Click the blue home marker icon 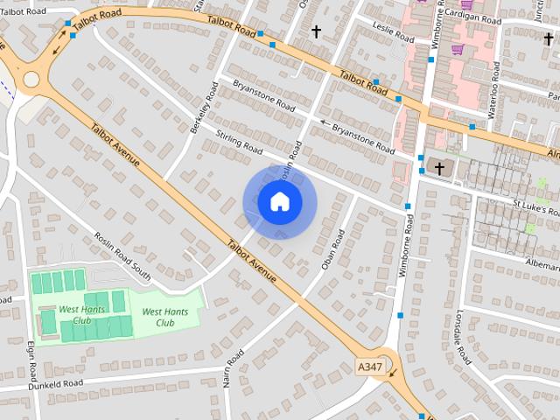click(x=279, y=202)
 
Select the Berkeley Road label click(x=203, y=107)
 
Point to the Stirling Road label click(x=239, y=141)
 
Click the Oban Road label click(x=333, y=249)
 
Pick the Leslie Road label click(x=393, y=32)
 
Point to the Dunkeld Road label click(x=54, y=383)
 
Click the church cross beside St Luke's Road click(x=439, y=167)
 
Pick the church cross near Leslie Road click(x=316, y=31)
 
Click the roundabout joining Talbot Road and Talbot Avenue click(x=31, y=80)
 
